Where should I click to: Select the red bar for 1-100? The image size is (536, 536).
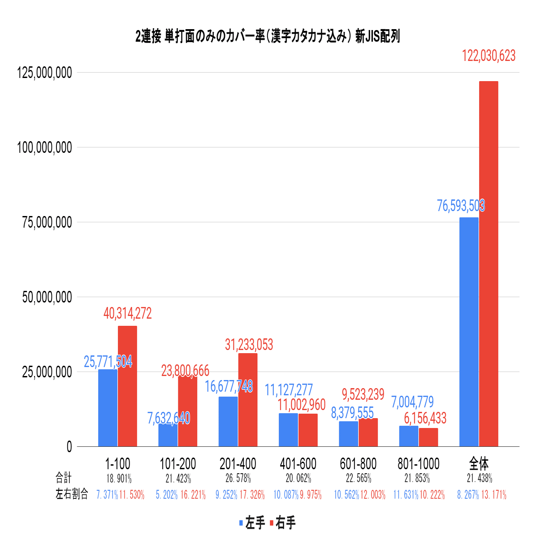pyautogui.click(x=127, y=386)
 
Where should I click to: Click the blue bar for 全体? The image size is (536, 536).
pyautogui.click(x=469, y=332)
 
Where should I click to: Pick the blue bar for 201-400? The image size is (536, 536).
pyautogui.click(x=228, y=421)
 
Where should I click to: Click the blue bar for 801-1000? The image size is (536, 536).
pyautogui.click(x=408, y=436)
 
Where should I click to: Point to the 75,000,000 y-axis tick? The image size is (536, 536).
pyautogui.click(x=44, y=222)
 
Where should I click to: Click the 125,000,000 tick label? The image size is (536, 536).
pyautogui.click(x=44, y=73)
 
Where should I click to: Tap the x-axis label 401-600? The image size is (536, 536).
pyautogui.click(x=298, y=464)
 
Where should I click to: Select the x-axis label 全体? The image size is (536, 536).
pyautogui.click(x=479, y=464)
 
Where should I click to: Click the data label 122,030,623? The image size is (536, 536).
pyautogui.click(x=488, y=56)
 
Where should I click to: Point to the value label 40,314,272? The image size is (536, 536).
pyautogui.click(x=128, y=314)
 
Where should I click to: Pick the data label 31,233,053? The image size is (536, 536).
pyautogui.click(x=249, y=345)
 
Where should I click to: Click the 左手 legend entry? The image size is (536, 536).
pyautogui.click(x=252, y=523)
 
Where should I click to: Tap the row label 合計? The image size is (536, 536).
pyautogui.click(x=63, y=478)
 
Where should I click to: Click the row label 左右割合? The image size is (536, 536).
pyautogui.click(x=72, y=494)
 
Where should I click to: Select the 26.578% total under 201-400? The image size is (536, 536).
pyautogui.click(x=238, y=479)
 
